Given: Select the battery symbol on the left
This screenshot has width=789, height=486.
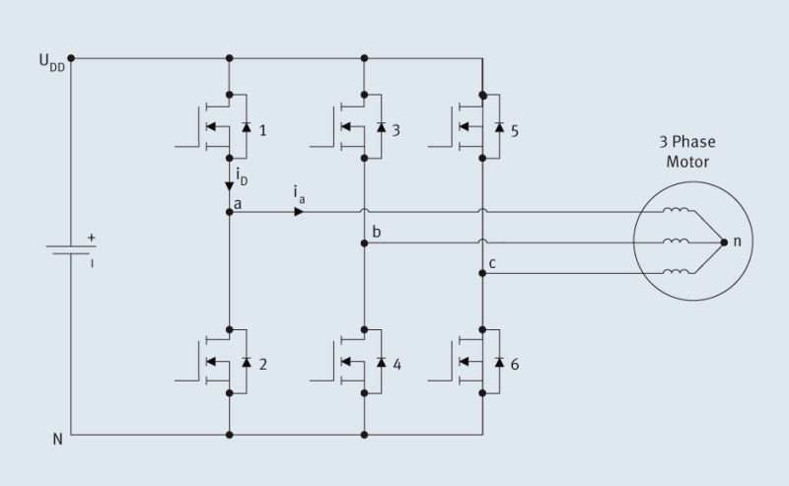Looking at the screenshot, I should (72, 249).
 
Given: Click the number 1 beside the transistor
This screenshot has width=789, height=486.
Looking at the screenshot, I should (261, 129).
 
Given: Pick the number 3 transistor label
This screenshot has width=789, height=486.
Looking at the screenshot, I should (395, 129).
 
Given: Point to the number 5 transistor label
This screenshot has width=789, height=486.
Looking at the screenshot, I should (514, 129).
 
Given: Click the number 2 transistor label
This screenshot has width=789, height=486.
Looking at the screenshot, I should (262, 364).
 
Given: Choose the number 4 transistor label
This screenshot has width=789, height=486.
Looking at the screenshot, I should (396, 364).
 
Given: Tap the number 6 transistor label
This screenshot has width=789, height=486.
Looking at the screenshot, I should (515, 364).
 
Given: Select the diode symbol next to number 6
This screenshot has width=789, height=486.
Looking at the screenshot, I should (498, 362).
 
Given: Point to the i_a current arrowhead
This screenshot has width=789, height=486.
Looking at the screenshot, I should (298, 211).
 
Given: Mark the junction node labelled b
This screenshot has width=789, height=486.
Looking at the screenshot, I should (364, 243).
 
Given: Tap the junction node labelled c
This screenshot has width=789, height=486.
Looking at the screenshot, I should (482, 274).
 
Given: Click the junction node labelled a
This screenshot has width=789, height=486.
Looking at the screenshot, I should (229, 211).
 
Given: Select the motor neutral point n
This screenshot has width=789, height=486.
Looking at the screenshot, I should (725, 242).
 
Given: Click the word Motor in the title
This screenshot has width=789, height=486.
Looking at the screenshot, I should (687, 162).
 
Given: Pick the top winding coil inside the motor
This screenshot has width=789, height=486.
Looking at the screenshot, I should (677, 211).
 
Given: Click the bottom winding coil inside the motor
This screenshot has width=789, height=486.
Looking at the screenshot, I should (677, 273).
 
